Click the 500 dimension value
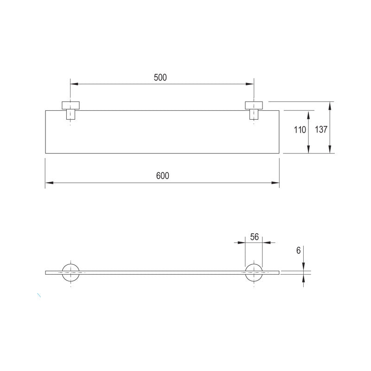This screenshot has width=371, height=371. pyautogui.click(x=160, y=78)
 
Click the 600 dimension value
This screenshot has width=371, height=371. pyautogui.click(x=163, y=176)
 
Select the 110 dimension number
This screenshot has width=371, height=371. pyautogui.click(x=300, y=130)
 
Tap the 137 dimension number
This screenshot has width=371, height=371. pyautogui.click(x=321, y=130)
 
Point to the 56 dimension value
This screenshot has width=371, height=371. pyautogui.click(x=254, y=237)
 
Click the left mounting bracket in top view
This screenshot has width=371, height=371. pyautogui.click(x=70, y=109)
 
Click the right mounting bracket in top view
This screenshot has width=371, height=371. pyautogui.click(x=254, y=109)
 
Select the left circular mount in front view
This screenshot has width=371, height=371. pyautogui.click(x=70, y=272)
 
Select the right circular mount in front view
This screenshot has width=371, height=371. pyautogui.click(x=254, y=272)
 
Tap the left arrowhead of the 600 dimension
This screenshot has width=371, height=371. pyautogui.click(x=48, y=183)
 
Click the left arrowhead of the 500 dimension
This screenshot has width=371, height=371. pyautogui.click(x=74, y=84)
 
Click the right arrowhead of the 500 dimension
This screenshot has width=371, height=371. pyautogui.click(x=250, y=84)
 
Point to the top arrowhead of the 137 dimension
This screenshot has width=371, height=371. pyautogui.click(x=330, y=105)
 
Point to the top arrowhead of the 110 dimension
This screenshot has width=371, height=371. pyautogui.click(x=308, y=114)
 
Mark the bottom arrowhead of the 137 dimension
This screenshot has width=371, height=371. pyautogui.click(x=330, y=150)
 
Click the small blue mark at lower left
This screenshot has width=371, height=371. pyautogui.click(x=39, y=295)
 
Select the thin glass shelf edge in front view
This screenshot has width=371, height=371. pyautogui.click(x=162, y=272)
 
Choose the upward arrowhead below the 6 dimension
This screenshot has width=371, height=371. pyautogui.click(x=303, y=277)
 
